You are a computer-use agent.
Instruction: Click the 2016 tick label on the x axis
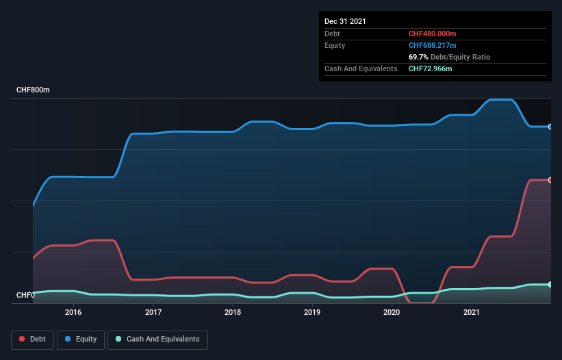73,313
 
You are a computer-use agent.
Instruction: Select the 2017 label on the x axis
153,313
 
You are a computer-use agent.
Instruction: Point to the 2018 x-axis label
233,313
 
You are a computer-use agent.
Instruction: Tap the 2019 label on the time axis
312,313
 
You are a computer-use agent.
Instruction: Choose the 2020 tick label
392,313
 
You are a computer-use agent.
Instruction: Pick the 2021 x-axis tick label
472,313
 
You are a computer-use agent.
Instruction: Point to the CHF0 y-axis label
26,296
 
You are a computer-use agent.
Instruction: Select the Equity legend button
81,339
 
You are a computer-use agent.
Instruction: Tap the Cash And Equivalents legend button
157,339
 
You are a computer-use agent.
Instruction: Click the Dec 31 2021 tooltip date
346,21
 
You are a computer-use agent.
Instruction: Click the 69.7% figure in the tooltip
418,57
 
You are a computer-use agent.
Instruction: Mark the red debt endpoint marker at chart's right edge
550,180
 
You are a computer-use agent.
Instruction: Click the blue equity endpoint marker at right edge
550,127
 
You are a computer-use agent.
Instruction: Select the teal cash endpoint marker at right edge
550,284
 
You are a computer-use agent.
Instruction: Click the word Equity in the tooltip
335,45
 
